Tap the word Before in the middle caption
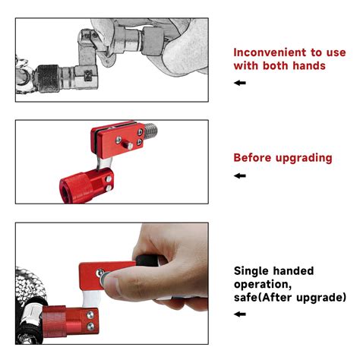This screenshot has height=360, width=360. point(252,158)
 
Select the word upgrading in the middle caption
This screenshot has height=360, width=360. point(304,159)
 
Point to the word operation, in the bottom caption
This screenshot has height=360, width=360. point(263,285)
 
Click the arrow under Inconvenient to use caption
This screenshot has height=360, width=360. point(240,83)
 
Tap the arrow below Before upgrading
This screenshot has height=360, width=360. point(240,175)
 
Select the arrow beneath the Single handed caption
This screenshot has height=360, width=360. point(240,314)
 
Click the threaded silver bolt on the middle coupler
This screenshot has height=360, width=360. point(151,130)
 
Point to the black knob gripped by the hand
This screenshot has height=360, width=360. point(148,261)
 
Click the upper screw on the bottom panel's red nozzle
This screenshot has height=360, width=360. point(90,315)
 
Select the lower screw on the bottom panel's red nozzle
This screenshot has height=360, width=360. point(90,327)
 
